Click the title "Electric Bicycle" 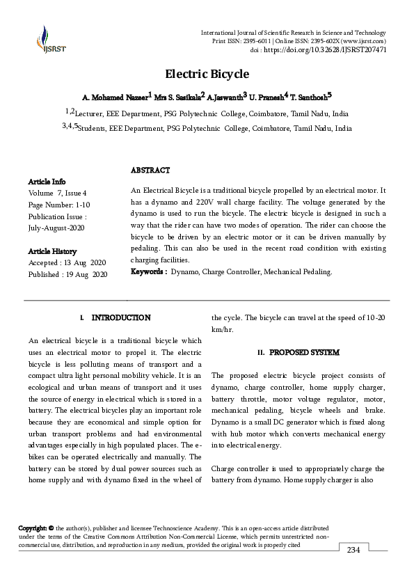tap(207, 74)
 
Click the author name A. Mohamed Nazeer tap(116, 95)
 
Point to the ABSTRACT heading tap(150, 170)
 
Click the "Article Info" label tap(47, 181)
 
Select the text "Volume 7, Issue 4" tap(58, 193)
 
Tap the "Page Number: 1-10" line tap(59, 205)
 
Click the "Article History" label tap(53, 251)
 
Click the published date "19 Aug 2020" tap(86, 275)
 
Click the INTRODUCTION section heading tap(121, 317)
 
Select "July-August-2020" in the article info tap(56, 228)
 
